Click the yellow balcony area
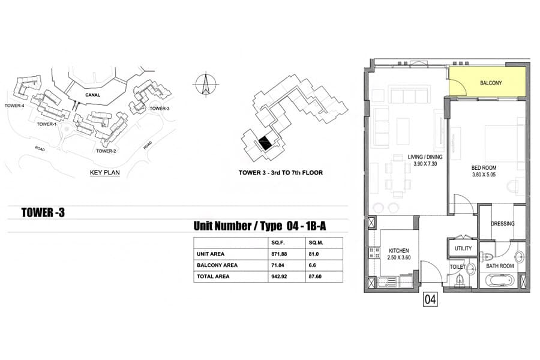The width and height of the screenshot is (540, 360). (x=487, y=82)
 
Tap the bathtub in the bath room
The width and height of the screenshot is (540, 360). (x=499, y=280)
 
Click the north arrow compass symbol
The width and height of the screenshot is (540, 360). (x=206, y=84)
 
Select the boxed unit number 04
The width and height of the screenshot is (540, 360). (x=430, y=299)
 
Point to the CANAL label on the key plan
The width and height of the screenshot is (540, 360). (x=92, y=95)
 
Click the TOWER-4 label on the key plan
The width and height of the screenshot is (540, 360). (x=14, y=106)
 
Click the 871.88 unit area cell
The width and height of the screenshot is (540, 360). (x=279, y=254)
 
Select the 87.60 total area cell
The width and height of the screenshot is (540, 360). (x=315, y=276)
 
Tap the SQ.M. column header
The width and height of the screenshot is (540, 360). (x=316, y=242)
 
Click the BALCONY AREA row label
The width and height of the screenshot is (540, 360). (x=217, y=265)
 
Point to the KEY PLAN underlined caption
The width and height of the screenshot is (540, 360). (x=104, y=173)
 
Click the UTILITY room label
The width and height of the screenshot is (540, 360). (x=463, y=248)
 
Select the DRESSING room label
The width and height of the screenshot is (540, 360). (x=502, y=224)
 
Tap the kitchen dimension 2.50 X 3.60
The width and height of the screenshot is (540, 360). (x=399, y=257)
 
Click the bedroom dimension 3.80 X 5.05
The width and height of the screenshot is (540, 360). (x=484, y=175)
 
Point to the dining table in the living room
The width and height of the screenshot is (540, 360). (x=398, y=176)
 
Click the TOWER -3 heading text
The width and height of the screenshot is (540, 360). (x=43, y=212)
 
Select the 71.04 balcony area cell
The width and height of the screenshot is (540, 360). (x=278, y=265)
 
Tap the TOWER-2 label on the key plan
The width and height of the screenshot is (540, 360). (x=106, y=151)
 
